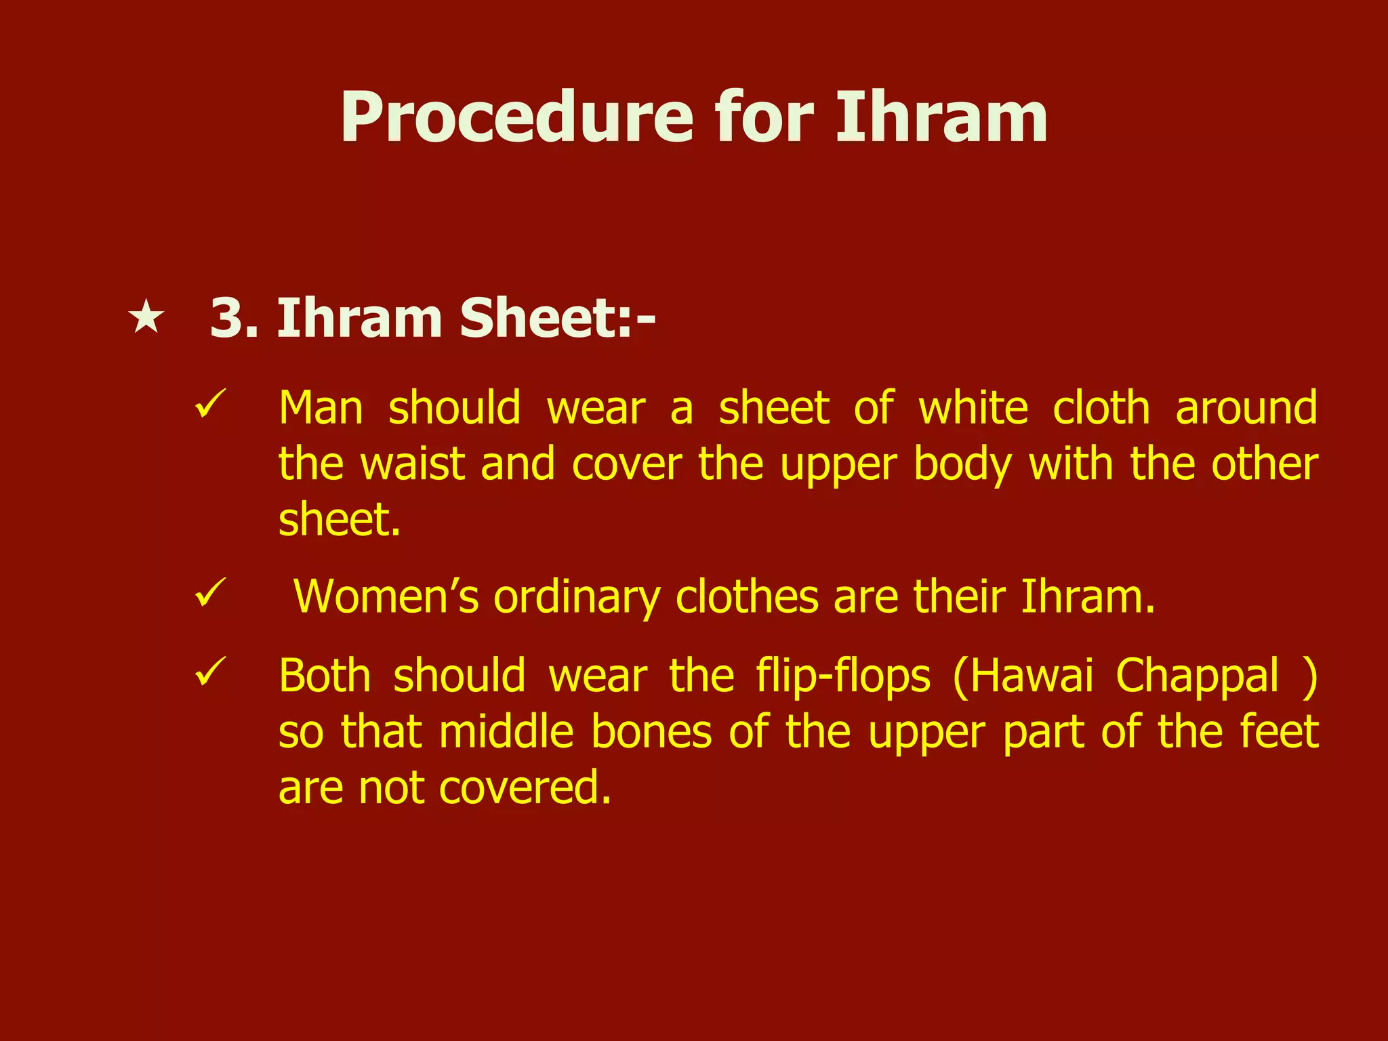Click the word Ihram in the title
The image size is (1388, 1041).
tap(941, 119)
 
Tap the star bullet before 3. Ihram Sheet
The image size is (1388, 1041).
tap(146, 318)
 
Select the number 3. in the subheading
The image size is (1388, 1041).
tap(234, 318)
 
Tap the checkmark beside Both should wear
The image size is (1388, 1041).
tap(209, 672)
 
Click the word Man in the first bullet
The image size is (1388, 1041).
tap(321, 409)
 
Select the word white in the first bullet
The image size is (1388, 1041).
tap(973, 409)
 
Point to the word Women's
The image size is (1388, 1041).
tap(386, 597)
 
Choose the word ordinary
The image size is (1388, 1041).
tap(577, 598)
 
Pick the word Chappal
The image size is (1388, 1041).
tap(1198, 677)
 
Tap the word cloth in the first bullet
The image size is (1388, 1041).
tap(1101, 409)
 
